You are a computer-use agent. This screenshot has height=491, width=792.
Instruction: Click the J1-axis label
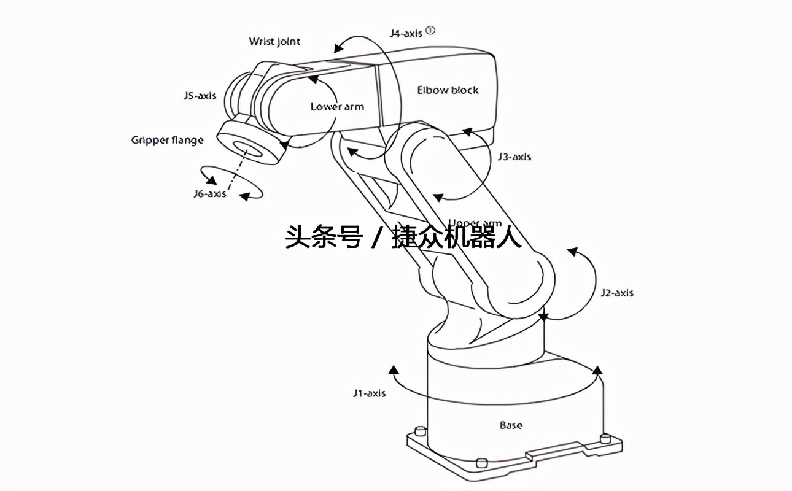coord(369,393)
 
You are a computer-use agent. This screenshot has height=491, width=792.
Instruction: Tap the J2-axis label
coord(616,293)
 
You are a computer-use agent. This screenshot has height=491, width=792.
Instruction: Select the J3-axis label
coord(514,157)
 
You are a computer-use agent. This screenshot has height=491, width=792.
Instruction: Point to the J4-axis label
coord(406,33)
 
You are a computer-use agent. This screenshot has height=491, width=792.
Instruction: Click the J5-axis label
coord(200,96)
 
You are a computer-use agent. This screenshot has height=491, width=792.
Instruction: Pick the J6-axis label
coord(209,194)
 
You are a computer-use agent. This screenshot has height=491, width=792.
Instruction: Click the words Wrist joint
coord(274,42)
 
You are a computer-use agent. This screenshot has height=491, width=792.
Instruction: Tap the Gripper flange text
coord(167,140)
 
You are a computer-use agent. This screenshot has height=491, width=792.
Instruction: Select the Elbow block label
coord(448,90)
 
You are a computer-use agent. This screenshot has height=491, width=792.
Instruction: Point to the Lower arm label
coord(337,107)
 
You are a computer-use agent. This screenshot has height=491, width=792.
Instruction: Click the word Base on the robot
coord(511,425)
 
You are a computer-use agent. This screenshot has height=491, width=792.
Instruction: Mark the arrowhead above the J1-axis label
coord(394,369)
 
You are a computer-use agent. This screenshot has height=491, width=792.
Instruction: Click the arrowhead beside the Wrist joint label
coord(336,48)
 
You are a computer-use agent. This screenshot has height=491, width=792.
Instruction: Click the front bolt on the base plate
coord(481,462)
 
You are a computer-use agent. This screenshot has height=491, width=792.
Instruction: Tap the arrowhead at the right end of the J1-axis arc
coord(597,370)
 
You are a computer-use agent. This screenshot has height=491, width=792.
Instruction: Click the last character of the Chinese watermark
coord(509,237)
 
